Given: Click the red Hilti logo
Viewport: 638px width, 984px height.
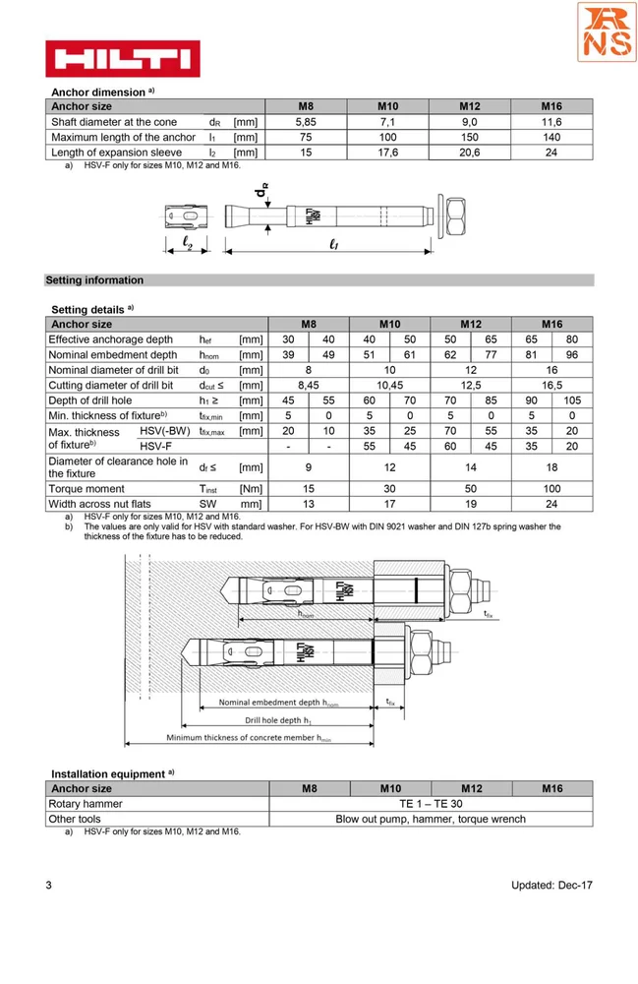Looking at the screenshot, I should (123, 58).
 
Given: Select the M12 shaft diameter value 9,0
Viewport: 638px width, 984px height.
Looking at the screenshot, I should (471, 122).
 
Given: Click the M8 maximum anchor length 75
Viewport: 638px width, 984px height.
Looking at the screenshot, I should (306, 138).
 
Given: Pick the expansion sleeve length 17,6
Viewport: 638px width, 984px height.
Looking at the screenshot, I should (388, 153).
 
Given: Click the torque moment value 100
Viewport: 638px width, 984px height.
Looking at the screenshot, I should (552, 489).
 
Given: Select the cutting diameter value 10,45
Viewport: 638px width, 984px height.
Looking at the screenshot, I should (389, 386).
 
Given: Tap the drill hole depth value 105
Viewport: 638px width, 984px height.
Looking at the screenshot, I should (572, 400).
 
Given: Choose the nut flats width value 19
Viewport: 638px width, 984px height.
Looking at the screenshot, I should (471, 505).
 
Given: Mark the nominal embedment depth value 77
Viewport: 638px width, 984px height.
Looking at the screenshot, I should (491, 355).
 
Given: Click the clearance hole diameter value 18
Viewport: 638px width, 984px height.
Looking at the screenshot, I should (552, 468).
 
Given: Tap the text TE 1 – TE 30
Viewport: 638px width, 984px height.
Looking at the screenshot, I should (430, 804).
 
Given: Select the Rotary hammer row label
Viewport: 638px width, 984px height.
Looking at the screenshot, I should (86, 804).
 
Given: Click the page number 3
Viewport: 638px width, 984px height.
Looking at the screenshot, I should (49, 886).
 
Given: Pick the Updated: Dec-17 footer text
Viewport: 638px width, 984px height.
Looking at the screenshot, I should (551, 886).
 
